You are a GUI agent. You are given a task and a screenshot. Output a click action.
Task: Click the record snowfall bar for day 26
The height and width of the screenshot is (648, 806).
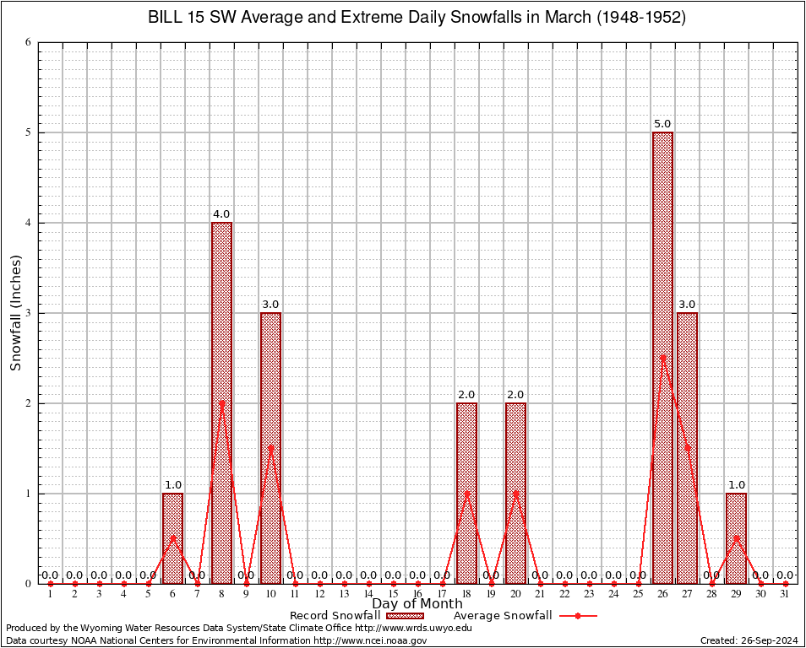662,358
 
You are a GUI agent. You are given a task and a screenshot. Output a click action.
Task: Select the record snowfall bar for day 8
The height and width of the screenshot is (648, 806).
221,402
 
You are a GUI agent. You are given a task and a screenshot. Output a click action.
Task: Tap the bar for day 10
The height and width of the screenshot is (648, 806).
270,448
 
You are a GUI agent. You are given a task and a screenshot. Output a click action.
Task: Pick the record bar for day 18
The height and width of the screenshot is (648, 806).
466,493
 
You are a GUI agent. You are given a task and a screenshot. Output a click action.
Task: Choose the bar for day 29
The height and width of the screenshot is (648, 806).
736,538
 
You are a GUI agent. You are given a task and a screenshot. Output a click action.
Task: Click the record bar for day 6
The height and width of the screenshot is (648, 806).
172,538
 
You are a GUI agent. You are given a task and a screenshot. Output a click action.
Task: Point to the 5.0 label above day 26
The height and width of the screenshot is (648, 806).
662,124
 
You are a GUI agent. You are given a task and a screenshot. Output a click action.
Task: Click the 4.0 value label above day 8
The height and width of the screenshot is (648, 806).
221,214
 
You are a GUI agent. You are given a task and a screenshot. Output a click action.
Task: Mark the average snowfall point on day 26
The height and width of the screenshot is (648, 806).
662,358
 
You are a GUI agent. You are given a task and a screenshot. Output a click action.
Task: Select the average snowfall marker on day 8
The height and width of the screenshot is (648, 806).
221,402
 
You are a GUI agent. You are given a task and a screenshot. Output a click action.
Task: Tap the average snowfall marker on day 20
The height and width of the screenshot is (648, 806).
515,493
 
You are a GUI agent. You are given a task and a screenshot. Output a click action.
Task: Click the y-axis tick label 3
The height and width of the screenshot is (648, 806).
28,313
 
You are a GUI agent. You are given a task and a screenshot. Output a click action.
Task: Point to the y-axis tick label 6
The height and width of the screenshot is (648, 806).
28,42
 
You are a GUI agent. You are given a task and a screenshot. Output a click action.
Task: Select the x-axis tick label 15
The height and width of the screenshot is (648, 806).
393,595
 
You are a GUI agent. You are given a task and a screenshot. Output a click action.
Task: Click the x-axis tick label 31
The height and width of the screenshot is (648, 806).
785,595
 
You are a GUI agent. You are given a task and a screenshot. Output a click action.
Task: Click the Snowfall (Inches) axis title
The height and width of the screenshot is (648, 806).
15,313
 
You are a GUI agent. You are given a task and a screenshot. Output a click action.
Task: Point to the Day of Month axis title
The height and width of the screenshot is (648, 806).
417,604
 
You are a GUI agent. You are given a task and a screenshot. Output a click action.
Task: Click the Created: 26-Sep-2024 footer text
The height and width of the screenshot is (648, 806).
749,640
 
